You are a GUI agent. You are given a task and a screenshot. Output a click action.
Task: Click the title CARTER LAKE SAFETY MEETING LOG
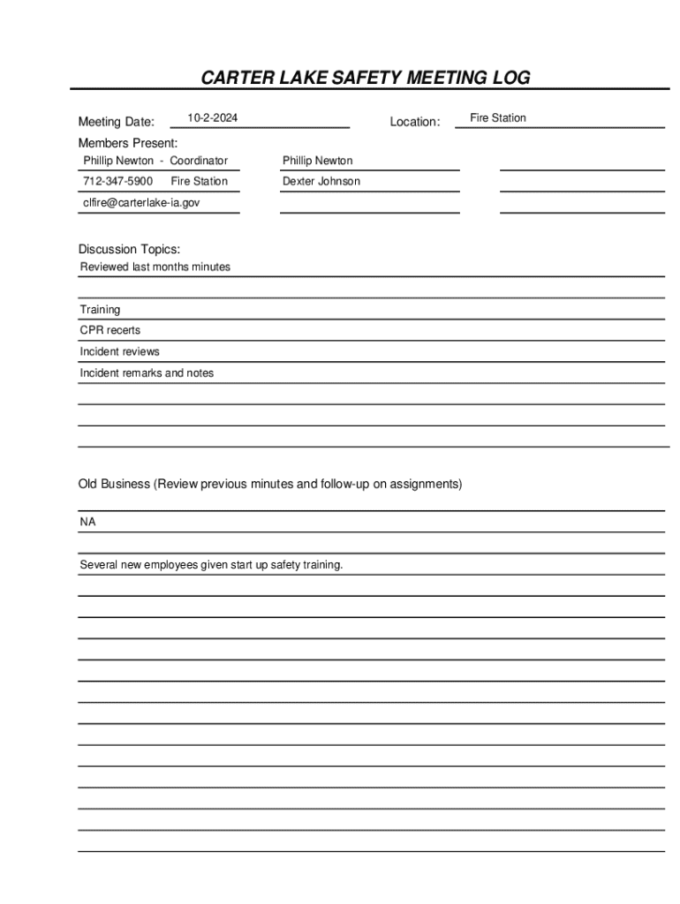366,78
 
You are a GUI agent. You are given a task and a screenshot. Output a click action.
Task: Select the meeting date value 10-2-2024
212,118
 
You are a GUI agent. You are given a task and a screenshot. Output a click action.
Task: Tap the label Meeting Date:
116,122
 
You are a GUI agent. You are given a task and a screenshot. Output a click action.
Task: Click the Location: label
415,122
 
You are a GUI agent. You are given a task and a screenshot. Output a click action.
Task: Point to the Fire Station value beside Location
498,118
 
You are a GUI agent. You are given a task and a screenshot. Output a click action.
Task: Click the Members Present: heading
127,143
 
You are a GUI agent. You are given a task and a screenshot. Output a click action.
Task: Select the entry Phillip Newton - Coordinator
155,161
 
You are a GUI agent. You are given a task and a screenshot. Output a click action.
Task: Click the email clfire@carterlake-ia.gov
141,202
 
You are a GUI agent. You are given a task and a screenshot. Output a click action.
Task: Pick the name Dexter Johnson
321,181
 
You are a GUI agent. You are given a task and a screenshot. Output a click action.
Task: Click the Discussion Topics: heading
129,250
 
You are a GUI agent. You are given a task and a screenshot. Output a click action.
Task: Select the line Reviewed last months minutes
155,267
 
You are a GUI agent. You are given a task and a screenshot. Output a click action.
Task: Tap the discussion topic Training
100,310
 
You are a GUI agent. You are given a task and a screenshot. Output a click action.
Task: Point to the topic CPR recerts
110,330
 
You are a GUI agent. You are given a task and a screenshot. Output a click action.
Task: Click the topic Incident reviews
120,351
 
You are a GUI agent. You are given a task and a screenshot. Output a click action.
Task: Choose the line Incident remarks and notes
147,373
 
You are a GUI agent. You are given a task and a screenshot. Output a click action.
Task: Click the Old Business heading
269,485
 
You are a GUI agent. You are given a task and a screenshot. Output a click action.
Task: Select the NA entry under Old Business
88,522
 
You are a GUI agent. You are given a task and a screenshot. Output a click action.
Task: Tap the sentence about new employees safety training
211,565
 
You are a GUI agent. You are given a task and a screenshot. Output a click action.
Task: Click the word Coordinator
199,161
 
